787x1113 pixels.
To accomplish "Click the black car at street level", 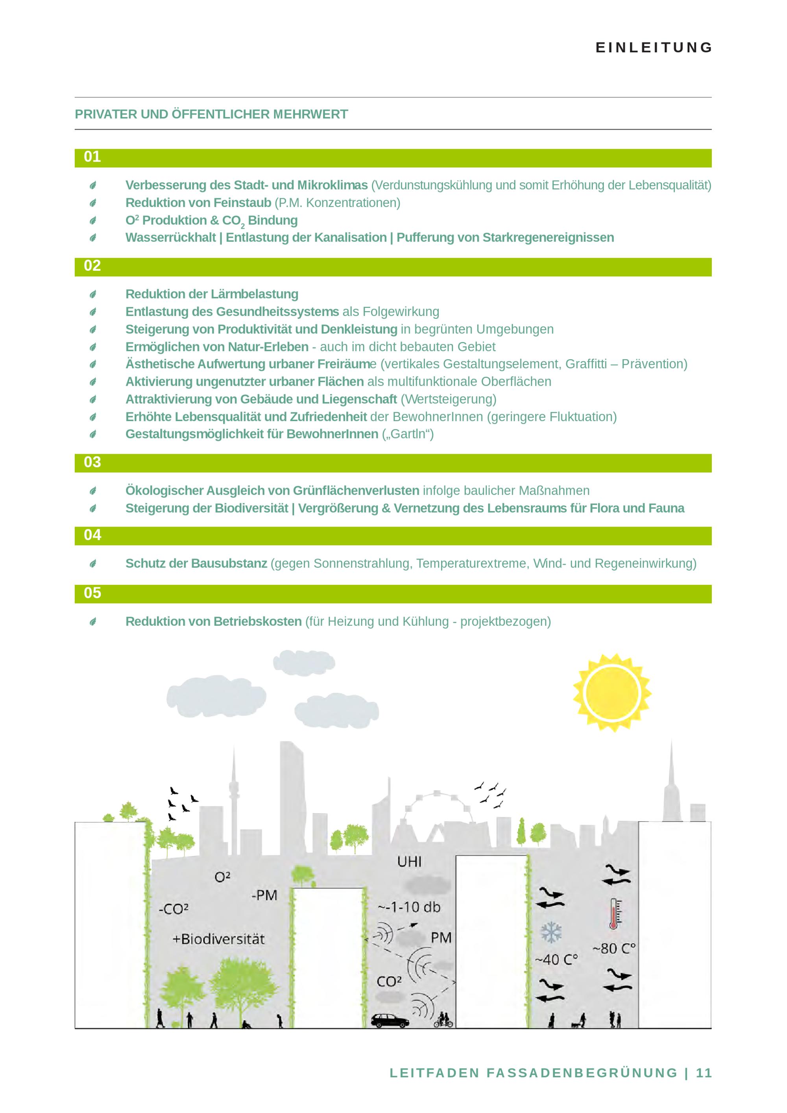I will pyautogui.click(x=390, y=1020).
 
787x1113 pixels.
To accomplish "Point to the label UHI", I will pyautogui.click(x=410, y=862).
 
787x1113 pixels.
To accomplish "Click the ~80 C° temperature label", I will pyautogui.click(x=614, y=948).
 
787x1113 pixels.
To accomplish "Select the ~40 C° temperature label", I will pyautogui.click(x=556, y=960).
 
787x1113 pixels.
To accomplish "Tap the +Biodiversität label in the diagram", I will pyautogui.click(x=218, y=939).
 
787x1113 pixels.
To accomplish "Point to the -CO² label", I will pyautogui.click(x=174, y=909).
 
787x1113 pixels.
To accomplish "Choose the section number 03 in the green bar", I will pyautogui.click(x=92, y=462).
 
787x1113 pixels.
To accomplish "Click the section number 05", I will pyautogui.click(x=92, y=593).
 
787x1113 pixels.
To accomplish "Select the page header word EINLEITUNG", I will pyautogui.click(x=654, y=48).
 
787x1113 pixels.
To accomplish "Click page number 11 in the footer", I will pyautogui.click(x=704, y=1073).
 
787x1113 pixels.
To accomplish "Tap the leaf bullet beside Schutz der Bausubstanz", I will pyautogui.click(x=92, y=563).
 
